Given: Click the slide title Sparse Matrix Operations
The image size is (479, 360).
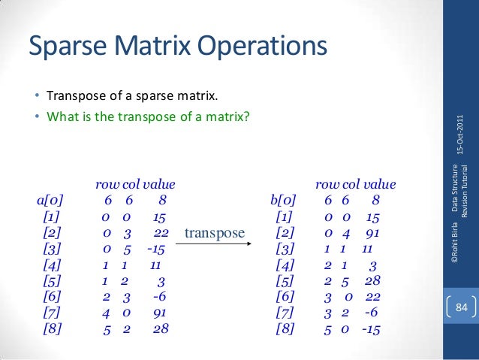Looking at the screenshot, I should (x=178, y=47).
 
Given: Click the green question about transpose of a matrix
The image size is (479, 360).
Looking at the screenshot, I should (x=148, y=116).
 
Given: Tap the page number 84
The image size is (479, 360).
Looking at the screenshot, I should (x=461, y=307).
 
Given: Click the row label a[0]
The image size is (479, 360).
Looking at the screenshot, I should (x=50, y=201).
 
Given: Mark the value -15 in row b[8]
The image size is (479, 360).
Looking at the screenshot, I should (x=372, y=328).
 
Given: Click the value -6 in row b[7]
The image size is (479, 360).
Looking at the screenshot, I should (x=369, y=312).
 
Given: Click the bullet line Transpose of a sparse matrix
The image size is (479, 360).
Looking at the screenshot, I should (x=131, y=97).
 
